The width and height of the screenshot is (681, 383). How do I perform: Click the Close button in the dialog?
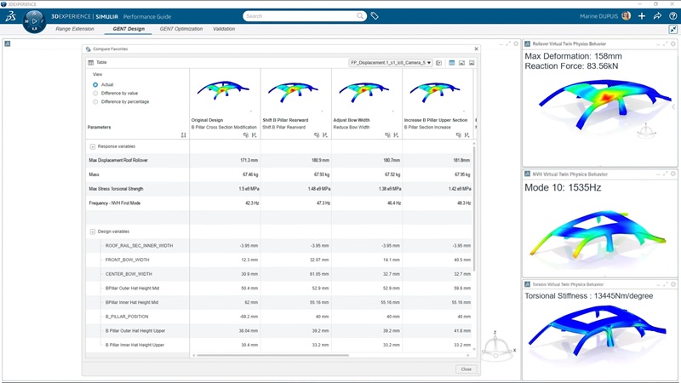466,369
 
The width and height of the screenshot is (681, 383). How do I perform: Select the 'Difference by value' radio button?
95,93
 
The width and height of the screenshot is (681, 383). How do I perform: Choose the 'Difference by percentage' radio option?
95,101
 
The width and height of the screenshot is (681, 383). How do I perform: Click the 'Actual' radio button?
95,84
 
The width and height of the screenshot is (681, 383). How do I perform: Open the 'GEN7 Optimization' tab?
180,29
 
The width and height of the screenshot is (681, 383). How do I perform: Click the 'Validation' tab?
224,29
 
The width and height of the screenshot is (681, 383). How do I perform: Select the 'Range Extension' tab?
75,29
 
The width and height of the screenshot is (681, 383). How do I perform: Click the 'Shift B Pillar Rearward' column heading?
285,120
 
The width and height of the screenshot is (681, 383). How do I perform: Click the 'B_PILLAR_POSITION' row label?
129,317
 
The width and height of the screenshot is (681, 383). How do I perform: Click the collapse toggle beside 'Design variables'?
92,232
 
